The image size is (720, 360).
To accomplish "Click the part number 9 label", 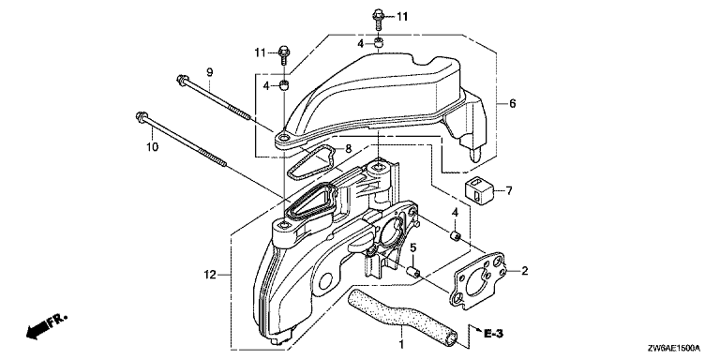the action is coord(209,72).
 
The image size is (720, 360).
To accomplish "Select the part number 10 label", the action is coord(153,147).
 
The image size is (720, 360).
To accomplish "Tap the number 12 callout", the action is coord(210,275).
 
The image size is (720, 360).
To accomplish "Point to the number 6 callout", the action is coord(513,103).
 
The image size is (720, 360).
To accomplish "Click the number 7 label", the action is coord(509,190).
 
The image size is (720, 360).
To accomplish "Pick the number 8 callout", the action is coord(349,148).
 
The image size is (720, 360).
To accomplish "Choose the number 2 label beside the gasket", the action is coord(524,271).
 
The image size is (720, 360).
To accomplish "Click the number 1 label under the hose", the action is coord(401,344).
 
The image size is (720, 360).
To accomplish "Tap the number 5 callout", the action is coord(412,247).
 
